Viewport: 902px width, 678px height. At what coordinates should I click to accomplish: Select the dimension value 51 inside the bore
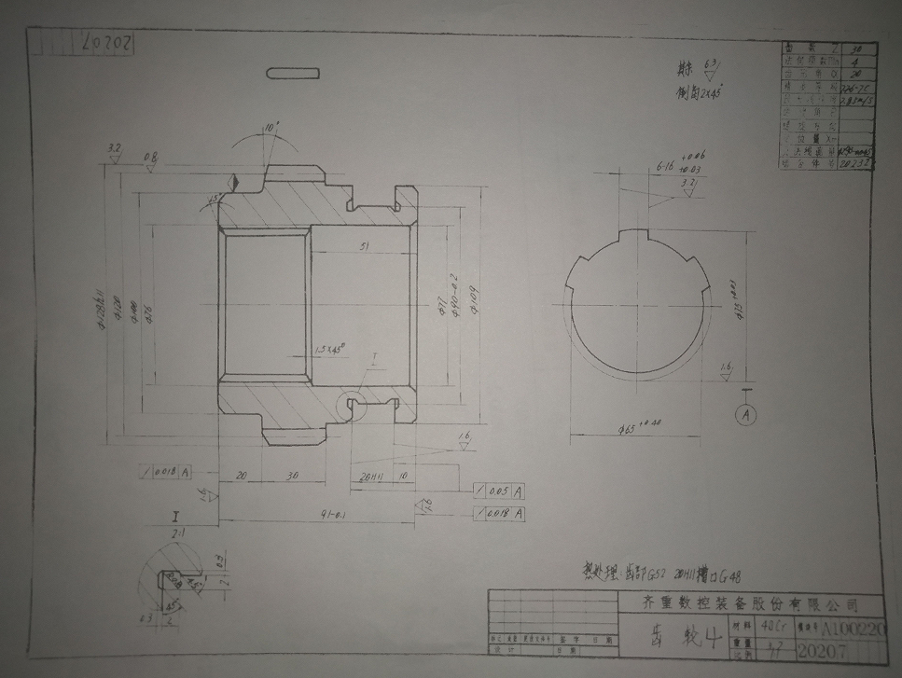(x=362, y=245)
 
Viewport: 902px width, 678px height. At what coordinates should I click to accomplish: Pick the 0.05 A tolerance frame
(x=500, y=491)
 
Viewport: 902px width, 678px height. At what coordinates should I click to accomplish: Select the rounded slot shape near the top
(x=293, y=73)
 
